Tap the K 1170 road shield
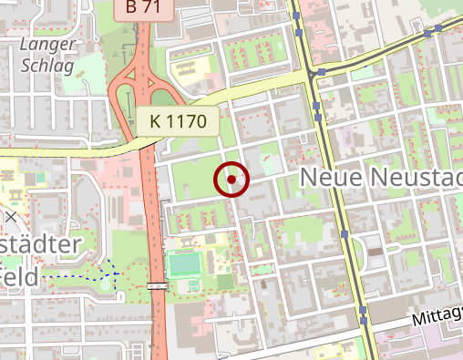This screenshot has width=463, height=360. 180,120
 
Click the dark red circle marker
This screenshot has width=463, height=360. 232,180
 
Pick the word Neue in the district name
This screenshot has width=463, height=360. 332,177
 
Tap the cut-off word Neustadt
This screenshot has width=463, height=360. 418,177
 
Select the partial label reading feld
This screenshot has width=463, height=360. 18,275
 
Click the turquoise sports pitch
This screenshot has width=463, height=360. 184,264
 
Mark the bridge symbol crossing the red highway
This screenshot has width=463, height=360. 157,286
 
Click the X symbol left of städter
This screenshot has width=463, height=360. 9,217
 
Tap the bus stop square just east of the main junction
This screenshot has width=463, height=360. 323,71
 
